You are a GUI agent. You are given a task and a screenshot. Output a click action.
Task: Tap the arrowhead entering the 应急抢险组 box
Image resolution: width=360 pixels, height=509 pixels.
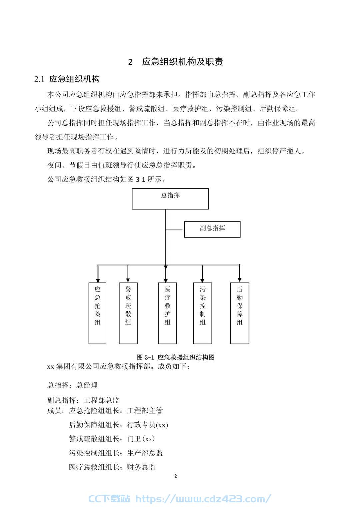tap(98, 280)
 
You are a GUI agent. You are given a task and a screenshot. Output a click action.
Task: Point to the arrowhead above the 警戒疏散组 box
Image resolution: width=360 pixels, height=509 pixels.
tap(128, 280)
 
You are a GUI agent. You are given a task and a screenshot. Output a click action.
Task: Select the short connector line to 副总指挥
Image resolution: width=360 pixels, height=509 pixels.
tap(174, 230)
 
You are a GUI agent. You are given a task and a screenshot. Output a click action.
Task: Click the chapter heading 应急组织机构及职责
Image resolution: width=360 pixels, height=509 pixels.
tap(183, 62)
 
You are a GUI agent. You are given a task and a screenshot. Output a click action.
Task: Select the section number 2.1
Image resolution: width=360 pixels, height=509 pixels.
tap(39, 79)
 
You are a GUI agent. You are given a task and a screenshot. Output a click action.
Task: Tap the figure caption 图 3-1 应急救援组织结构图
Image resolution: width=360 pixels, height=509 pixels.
tap(176, 358)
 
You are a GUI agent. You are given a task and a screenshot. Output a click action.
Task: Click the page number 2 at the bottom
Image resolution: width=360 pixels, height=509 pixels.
tap(175, 476)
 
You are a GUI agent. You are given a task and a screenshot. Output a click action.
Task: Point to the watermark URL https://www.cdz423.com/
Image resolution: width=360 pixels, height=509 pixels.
tap(204, 499)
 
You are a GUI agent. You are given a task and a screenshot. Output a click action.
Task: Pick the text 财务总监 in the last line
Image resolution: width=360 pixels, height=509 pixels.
tap(141, 467)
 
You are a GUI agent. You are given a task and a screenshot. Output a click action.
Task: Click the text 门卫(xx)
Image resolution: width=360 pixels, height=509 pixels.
tap(141, 439)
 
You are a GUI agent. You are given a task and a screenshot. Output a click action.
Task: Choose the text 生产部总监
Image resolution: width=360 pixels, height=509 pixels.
tap(145, 453)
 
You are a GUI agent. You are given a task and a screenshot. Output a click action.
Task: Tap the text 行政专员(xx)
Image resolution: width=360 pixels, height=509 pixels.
tap(147, 425)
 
